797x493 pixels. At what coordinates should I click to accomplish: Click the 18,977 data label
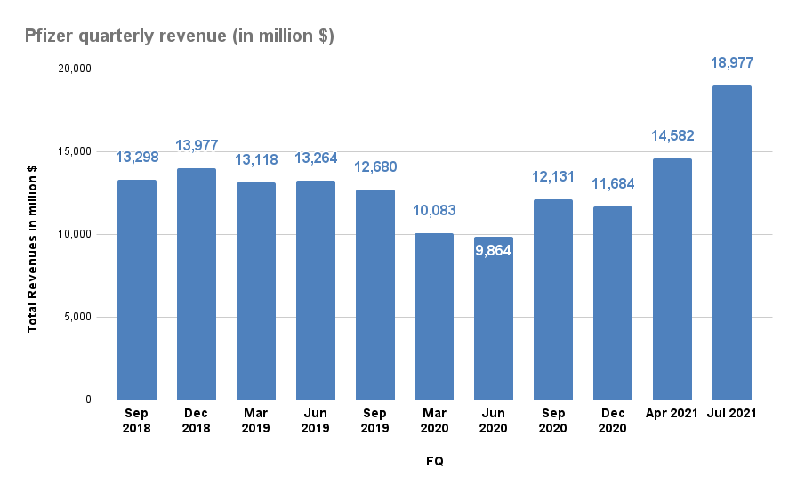point(732,63)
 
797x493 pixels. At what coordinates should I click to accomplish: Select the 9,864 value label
point(494,249)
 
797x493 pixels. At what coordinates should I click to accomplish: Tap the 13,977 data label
point(197,146)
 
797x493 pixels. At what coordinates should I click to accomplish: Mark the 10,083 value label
point(434,211)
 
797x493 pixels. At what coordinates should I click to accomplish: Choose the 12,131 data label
point(553,177)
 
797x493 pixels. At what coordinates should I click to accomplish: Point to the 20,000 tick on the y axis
point(76,69)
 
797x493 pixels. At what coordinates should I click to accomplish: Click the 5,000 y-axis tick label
point(78,317)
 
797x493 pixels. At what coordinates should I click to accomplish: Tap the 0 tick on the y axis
point(89,400)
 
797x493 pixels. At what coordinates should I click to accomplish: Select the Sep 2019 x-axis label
point(375,421)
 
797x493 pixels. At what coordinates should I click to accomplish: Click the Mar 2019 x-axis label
point(256,421)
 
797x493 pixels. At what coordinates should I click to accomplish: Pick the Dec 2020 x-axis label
point(613,421)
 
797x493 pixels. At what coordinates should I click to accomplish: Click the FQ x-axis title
point(434,461)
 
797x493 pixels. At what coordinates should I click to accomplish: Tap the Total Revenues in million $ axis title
point(33,235)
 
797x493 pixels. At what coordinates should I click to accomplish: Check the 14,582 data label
point(672,136)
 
